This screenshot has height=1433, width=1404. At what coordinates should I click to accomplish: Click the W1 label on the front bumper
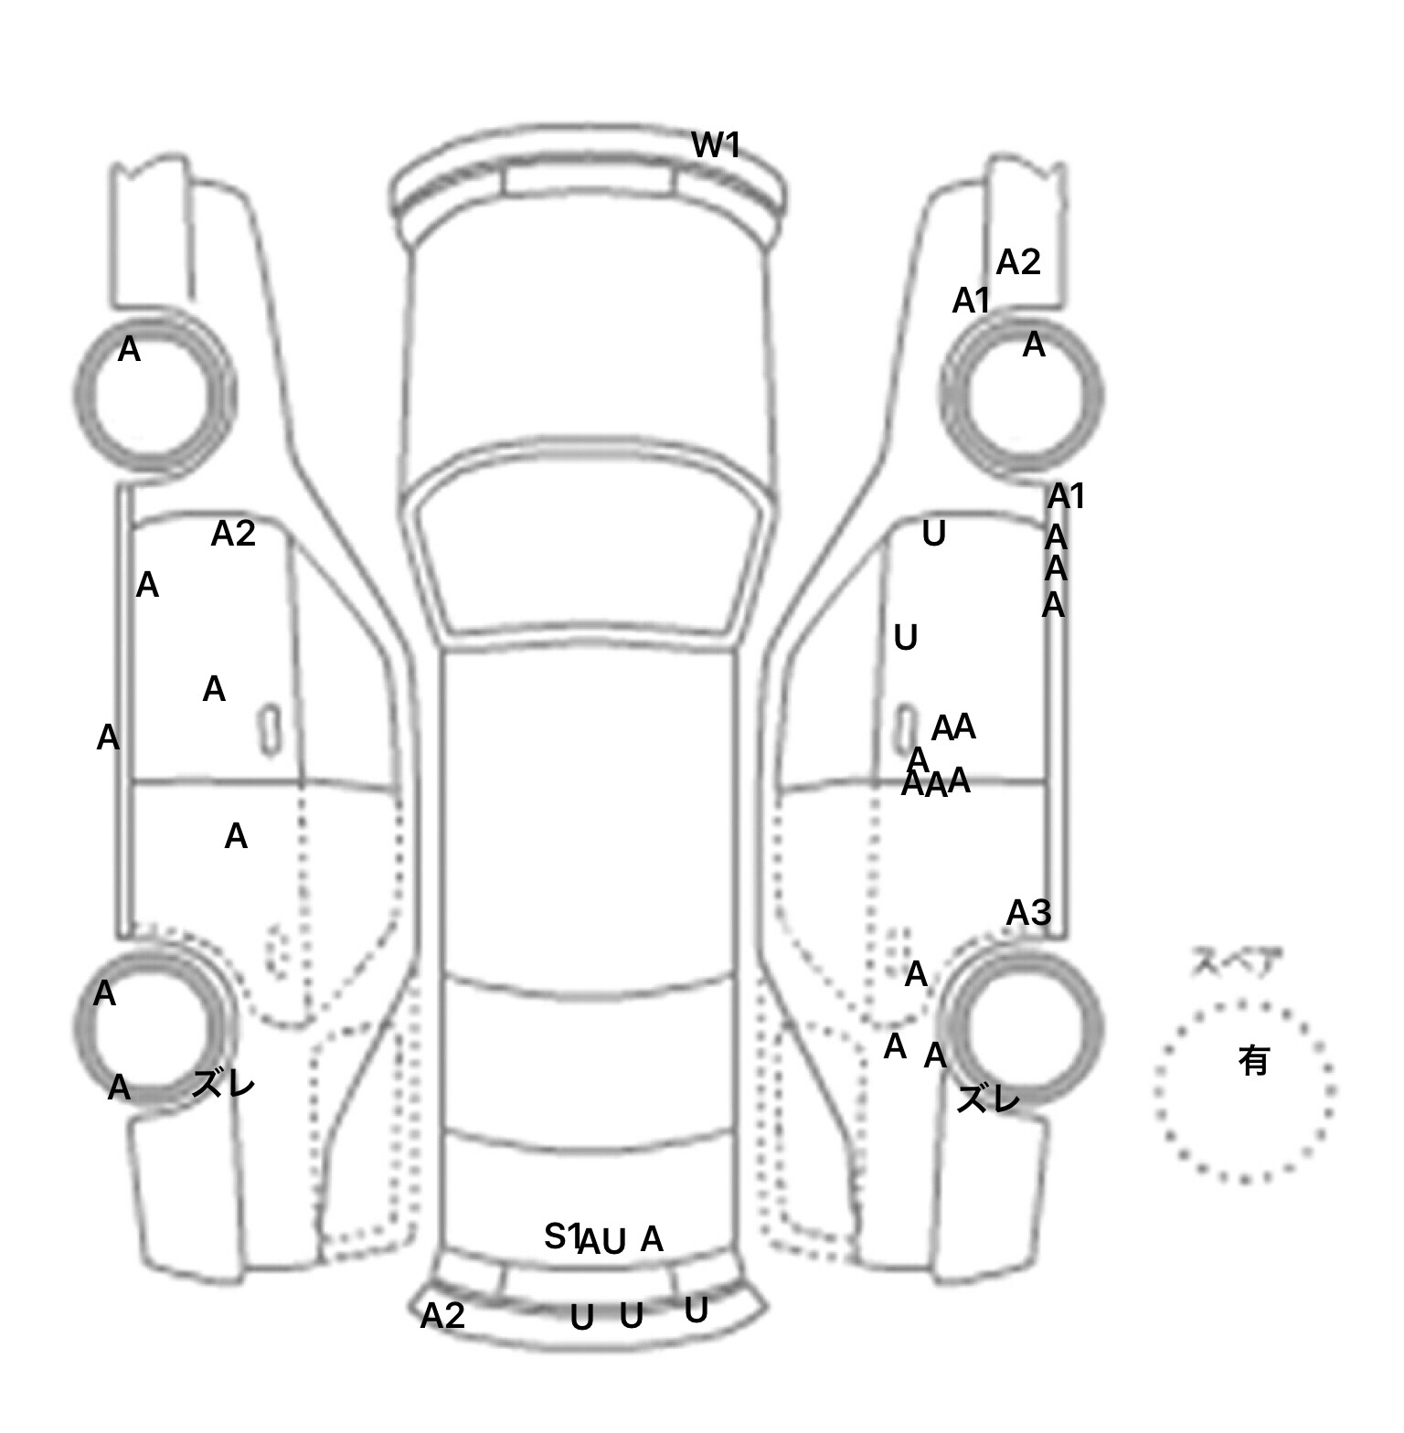(715, 144)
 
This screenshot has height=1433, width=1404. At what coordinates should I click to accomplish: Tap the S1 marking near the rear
(561, 1237)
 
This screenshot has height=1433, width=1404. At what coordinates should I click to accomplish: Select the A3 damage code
(1028, 912)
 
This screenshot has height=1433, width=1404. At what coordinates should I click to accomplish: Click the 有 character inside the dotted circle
(1253, 1060)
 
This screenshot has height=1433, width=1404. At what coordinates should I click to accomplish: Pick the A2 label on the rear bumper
(442, 1315)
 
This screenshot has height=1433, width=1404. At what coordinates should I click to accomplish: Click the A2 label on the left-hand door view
(233, 533)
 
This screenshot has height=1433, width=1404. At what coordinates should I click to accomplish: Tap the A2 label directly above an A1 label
(1018, 262)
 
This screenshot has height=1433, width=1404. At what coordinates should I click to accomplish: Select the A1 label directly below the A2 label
(971, 300)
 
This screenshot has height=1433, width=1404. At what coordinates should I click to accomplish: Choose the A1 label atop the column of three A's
(1066, 496)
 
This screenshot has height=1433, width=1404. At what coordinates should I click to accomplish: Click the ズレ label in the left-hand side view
(223, 1085)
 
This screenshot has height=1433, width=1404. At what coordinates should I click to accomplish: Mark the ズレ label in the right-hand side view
(987, 1099)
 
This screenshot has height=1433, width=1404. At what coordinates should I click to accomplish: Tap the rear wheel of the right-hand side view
(1024, 1026)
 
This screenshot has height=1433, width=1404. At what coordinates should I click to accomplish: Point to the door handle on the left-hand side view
(270, 730)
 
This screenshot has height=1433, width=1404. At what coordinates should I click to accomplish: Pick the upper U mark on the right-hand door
(933, 533)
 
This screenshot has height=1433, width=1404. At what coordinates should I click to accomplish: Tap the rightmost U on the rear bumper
(696, 1311)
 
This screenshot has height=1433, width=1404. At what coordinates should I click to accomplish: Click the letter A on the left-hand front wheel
(129, 349)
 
